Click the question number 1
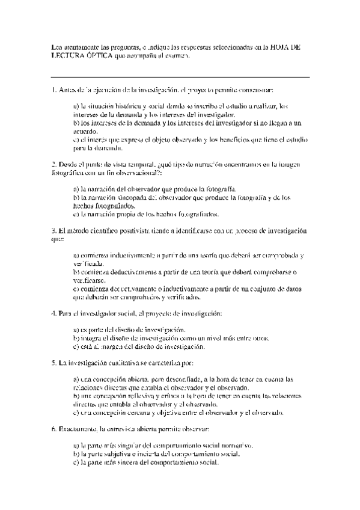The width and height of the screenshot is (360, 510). (x=53, y=90)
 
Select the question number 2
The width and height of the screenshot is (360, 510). (x=53, y=164)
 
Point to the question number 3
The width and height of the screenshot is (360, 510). (x=53, y=230)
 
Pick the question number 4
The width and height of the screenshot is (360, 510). (x=53, y=313)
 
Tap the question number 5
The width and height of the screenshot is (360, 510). (x=53, y=364)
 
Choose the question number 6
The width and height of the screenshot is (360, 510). (x=53, y=430)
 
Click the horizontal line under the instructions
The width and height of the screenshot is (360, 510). (x=180, y=77)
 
